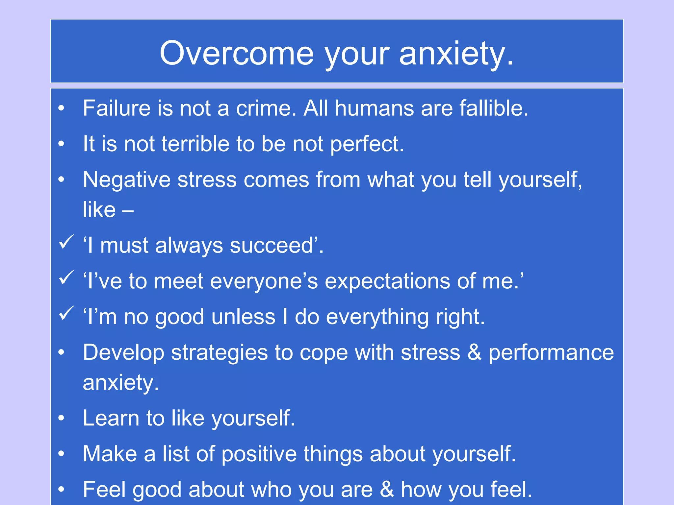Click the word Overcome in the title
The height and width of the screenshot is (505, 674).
click(x=237, y=53)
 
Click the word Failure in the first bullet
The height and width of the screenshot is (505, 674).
click(x=117, y=108)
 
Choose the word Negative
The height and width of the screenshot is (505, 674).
click(x=127, y=180)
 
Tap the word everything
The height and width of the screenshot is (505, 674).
click(x=377, y=317)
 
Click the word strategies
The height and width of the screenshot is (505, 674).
click(x=220, y=353)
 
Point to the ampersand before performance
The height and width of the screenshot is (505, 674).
click(x=474, y=352)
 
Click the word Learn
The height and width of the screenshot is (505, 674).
click(x=111, y=418)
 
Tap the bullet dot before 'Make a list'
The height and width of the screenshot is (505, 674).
click(x=61, y=454)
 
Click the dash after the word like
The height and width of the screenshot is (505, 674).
click(x=128, y=210)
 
